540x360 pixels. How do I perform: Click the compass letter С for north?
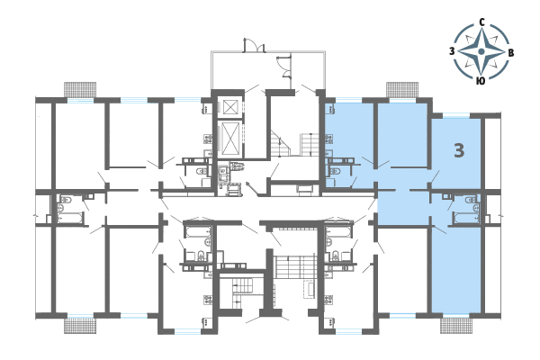coord(481,22)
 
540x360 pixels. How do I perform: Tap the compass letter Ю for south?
coord(481,81)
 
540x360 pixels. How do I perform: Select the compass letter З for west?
coord(452,51)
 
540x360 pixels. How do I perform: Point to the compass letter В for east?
coord(511,53)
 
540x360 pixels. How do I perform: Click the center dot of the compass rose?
coord(481,51)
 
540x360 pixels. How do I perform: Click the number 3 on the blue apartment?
coord(459,150)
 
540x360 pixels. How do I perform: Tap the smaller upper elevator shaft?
coord(230,107)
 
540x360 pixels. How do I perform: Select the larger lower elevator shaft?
coord(230,138)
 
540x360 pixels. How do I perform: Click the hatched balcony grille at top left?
coord(80,90)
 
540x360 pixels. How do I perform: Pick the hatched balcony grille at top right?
coord(402,90)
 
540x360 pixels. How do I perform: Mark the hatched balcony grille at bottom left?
coord(80,326)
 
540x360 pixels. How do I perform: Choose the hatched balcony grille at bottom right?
coord(456,326)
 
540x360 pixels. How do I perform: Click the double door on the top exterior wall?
coord(254,46)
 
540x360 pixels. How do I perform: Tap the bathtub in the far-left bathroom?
coord(70,218)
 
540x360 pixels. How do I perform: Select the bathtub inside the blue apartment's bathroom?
coord(466,219)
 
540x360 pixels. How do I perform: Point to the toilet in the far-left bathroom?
coord(66,200)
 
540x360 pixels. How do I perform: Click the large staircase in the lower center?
coord(292,267)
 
